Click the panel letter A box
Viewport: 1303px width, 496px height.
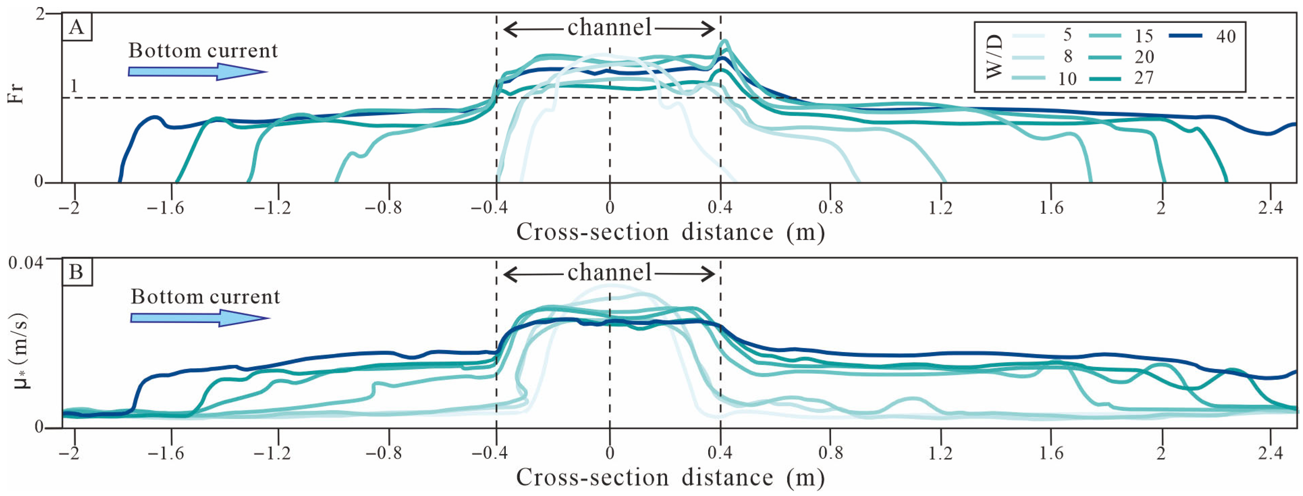tap(76, 27)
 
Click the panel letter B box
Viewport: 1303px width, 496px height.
tap(76, 272)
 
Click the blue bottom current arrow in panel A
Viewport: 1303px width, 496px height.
tap(197, 72)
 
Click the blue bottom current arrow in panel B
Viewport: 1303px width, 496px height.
tap(200, 318)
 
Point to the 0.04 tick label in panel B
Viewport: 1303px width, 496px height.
tap(25, 263)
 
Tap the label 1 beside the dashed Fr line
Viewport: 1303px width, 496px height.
tap(74, 86)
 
